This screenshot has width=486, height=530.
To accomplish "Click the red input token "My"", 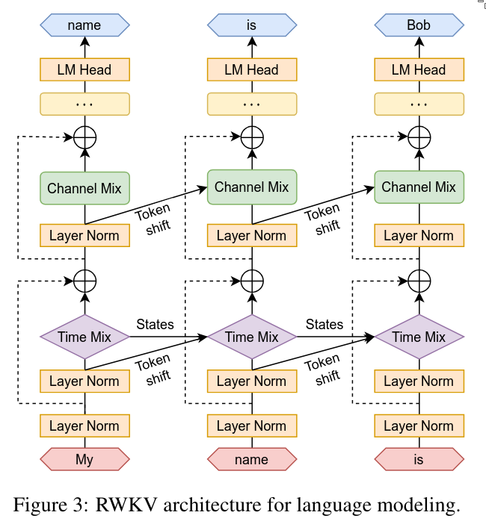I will (84, 459).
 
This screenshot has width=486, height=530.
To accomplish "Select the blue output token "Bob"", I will (419, 25).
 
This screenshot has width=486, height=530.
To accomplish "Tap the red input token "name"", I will (251, 459).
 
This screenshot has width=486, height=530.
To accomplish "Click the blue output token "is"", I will (251, 25).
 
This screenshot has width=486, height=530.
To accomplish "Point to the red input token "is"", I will (419, 459).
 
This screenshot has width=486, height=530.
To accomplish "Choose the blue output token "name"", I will (84, 25).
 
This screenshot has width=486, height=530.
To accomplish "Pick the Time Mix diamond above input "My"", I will (84, 337).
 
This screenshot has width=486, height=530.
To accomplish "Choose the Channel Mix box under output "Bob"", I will (419, 187).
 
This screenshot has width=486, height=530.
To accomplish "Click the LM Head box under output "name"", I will (84, 70).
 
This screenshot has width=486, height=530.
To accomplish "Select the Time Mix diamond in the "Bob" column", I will (419, 337).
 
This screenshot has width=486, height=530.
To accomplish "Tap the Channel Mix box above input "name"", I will (251, 187).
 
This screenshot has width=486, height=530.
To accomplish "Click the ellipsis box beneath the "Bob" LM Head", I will (419, 104).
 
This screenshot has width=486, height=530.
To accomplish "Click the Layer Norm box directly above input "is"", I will (419, 426).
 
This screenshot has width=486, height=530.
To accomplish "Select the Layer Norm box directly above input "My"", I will (84, 426).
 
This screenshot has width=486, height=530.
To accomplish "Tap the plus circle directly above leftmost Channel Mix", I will (84, 137).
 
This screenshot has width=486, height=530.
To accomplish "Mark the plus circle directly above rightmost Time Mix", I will (419, 281).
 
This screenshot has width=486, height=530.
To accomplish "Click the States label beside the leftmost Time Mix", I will (155, 324).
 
